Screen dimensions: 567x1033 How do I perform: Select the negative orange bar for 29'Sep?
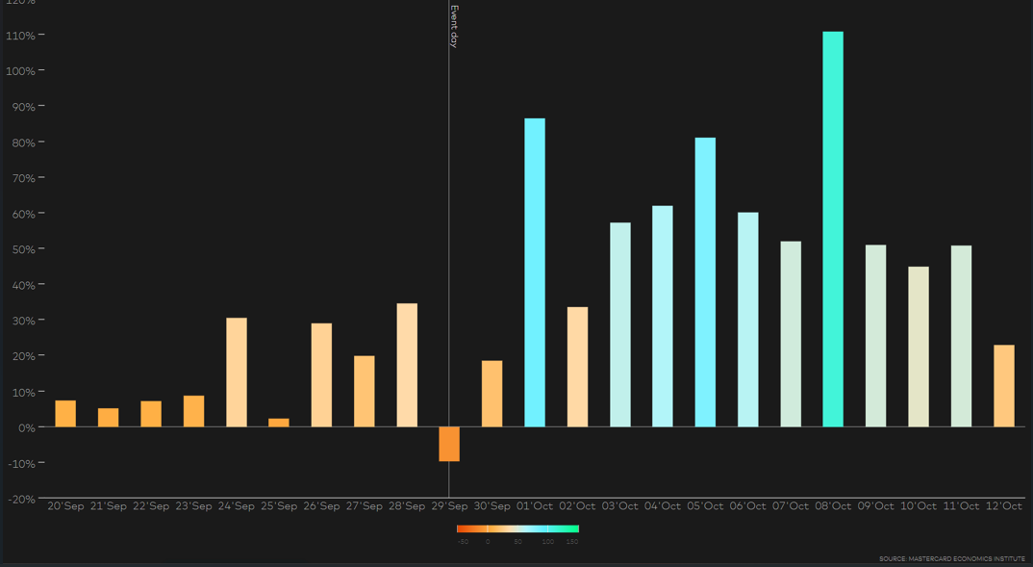(x=449, y=444)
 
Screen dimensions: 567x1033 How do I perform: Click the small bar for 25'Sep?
(x=279, y=423)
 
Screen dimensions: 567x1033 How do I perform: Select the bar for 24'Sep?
(x=237, y=373)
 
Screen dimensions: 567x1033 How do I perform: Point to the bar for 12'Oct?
(x=1003, y=386)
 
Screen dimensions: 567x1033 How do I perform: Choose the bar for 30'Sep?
(x=491, y=394)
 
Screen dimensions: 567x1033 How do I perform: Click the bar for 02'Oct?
(x=577, y=367)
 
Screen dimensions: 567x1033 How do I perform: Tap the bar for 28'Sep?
(x=407, y=365)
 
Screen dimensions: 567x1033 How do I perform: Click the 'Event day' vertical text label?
(x=454, y=26)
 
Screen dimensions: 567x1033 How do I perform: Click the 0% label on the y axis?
(x=26, y=427)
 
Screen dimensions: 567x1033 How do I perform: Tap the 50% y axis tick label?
(x=23, y=249)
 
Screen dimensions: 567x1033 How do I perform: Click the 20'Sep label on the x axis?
(x=65, y=506)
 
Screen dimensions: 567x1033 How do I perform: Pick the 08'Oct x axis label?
(x=833, y=506)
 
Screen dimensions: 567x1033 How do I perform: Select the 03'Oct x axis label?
(x=620, y=506)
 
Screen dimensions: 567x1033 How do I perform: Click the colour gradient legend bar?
(x=517, y=528)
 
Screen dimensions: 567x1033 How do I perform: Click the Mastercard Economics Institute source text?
(x=951, y=558)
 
